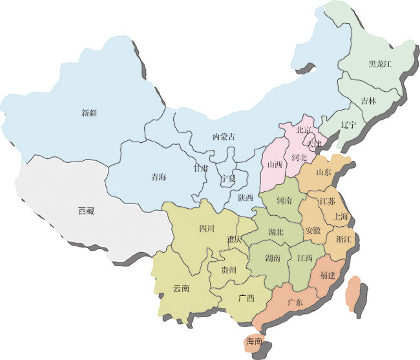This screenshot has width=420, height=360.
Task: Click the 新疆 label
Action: (89, 113)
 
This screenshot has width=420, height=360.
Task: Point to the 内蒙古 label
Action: (224, 137)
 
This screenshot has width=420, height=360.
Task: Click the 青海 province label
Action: (158, 176)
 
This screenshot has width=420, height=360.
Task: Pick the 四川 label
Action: (207, 228)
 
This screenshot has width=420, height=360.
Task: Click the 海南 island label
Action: (253, 341)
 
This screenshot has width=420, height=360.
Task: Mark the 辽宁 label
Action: (348, 125)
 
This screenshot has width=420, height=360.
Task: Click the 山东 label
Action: (324, 173)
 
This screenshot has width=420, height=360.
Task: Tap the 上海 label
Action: (341, 217)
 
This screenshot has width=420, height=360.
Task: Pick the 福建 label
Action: (326, 275)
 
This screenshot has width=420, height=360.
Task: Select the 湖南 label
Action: (273, 259)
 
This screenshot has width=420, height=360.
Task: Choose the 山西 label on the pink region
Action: (275, 165)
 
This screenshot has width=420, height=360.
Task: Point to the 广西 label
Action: (246, 299)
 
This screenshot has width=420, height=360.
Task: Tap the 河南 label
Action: (285, 201)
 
